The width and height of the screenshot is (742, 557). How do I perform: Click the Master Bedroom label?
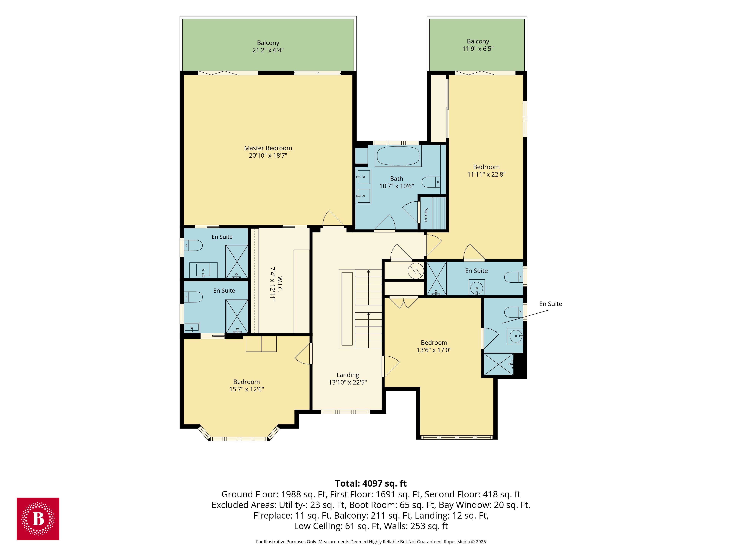(x=268, y=148)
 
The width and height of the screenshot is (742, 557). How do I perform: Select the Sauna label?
(x=426, y=215)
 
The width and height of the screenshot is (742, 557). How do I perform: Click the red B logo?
(x=38, y=519)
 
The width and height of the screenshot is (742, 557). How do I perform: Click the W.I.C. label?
(x=280, y=284)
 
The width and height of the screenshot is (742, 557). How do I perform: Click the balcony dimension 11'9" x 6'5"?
(x=478, y=49)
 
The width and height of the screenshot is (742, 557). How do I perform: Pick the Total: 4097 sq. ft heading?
(x=371, y=483)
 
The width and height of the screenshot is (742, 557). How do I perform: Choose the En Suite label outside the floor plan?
(x=550, y=304)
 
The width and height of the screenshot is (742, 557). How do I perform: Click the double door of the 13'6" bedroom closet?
(x=403, y=302)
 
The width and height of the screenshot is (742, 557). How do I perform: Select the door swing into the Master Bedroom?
(x=333, y=219)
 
